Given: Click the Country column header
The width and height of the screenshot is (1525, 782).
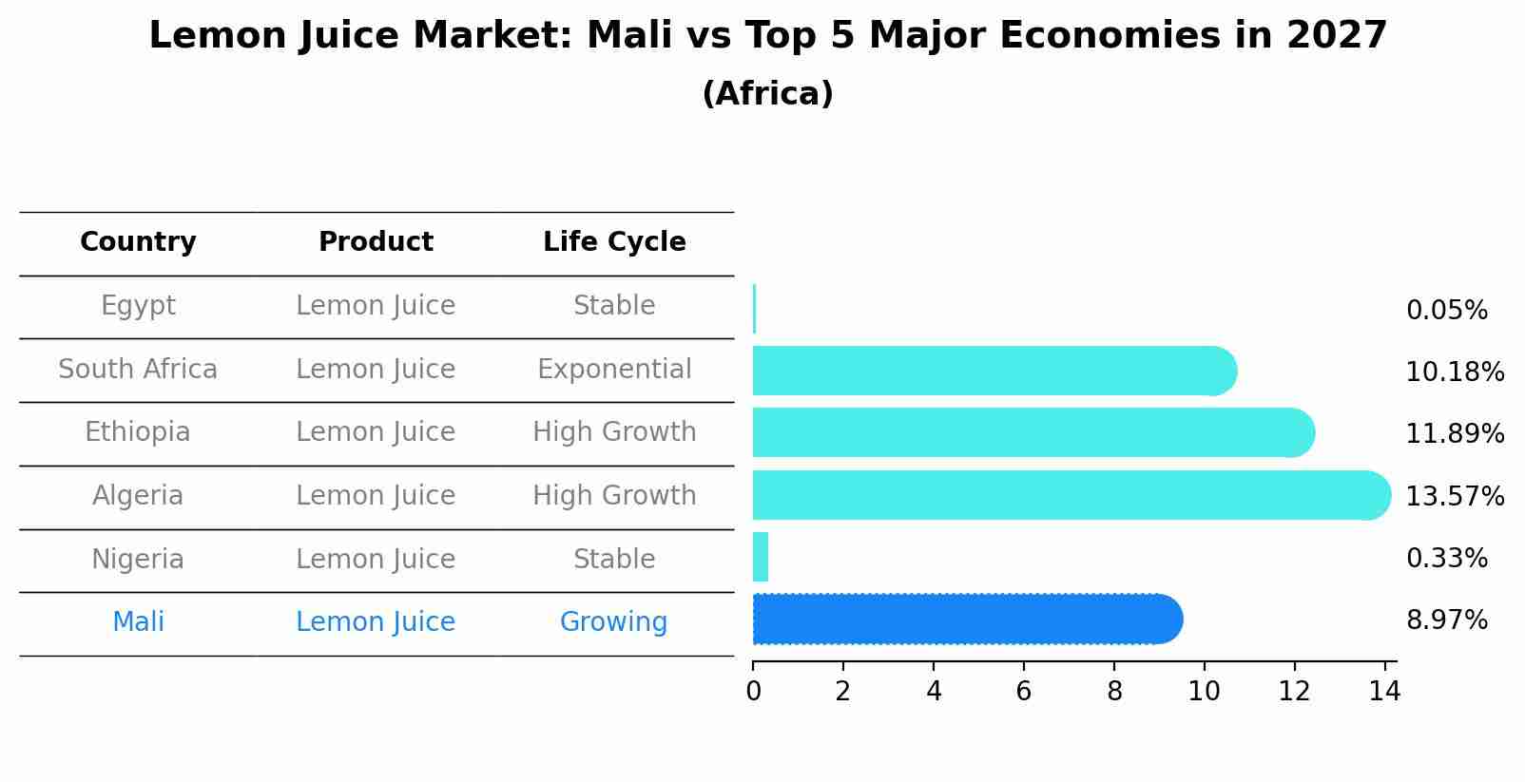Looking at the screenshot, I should point(138,242).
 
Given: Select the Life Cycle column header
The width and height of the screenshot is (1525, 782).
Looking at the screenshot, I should point(614,242).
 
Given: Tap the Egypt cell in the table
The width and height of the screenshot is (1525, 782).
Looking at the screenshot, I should point(138,306).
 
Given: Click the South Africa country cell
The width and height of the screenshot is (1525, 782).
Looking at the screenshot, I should point(138,370).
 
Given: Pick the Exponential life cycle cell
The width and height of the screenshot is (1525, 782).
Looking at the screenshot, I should point(614,370).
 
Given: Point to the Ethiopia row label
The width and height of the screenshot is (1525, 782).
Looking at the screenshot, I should point(138,432).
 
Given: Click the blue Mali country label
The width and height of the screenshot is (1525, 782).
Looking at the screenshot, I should point(138,622).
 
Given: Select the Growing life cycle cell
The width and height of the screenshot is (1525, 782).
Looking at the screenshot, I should point(614,622).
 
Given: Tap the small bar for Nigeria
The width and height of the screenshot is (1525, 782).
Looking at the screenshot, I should point(761,557).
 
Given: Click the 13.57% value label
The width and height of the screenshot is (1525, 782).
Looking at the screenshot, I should point(1455,497).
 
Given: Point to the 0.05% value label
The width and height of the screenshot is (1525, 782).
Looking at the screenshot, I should point(1446,311).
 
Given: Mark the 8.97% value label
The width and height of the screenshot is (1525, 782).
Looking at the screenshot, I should point(1446,620).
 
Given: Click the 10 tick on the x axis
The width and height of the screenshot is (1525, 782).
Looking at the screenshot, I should point(1204,691).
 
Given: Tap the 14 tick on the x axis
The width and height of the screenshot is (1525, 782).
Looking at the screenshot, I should point(1384,691).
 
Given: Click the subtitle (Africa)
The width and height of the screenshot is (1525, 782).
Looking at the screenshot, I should point(767,94).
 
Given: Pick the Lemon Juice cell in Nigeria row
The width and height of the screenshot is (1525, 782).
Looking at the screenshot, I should point(376,560).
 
